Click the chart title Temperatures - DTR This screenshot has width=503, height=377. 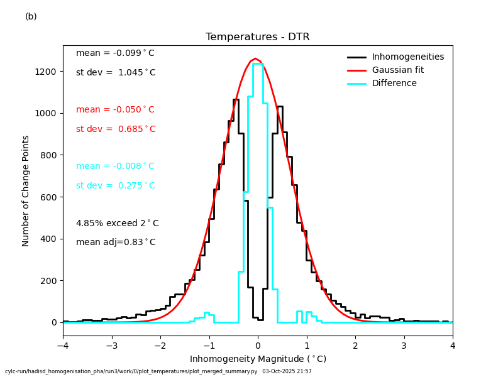coord(257,37)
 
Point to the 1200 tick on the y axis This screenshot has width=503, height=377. coord(48,72)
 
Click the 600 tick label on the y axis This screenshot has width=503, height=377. coord(51,197)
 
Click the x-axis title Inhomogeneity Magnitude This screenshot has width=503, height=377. coord(258,359)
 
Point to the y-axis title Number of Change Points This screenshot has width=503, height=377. coord(26,190)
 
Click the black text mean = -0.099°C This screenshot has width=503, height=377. coord(115,53)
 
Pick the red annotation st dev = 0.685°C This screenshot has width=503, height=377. coord(116,129)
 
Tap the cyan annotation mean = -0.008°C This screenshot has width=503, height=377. coord(115,167)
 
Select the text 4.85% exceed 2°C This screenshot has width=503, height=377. coord(117,224)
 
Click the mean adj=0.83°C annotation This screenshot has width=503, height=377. coord(116,243)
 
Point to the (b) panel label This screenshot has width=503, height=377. coord(31,16)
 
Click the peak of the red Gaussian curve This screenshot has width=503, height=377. coord(255,59)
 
